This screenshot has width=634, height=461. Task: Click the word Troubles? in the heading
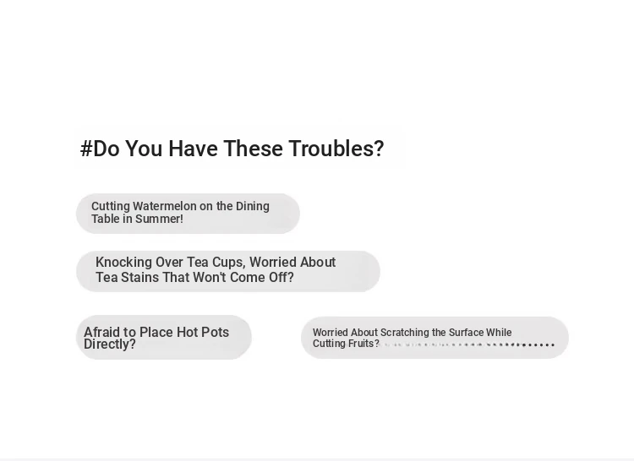(336, 148)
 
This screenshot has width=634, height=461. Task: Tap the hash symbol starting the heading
(86, 149)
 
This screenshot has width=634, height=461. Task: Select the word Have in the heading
(193, 148)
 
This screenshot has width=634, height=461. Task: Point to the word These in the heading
(253, 148)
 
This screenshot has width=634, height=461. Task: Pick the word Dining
(252, 206)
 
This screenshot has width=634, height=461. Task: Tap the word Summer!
(159, 219)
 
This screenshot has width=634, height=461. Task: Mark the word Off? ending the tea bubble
(281, 277)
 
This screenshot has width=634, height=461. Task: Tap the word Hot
(187, 332)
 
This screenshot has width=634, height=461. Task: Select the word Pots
(215, 332)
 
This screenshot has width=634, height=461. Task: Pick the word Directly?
(110, 344)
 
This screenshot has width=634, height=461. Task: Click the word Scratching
(405, 333)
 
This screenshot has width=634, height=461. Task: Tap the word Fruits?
(362, 344)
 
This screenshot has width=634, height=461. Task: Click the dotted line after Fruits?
(467, 344)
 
